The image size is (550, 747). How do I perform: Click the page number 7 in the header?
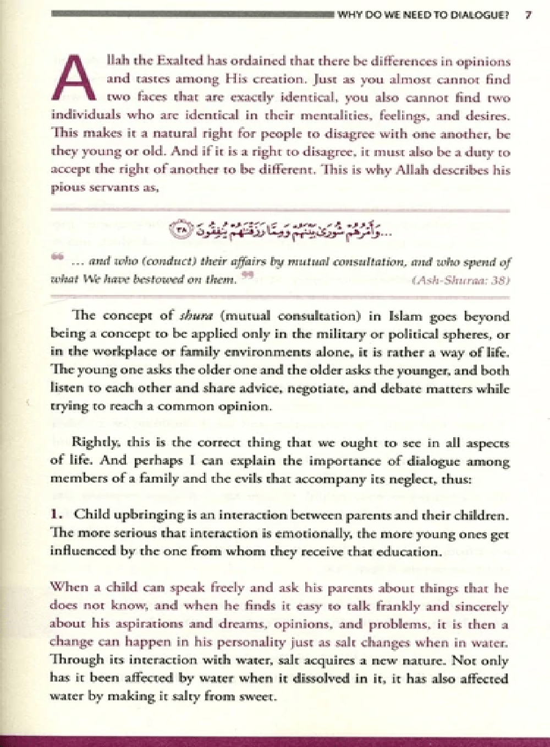(x=527, y=15)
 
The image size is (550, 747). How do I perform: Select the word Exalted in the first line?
(x=177, y=62)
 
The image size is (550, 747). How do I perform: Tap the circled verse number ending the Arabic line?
(x=179, y=231)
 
